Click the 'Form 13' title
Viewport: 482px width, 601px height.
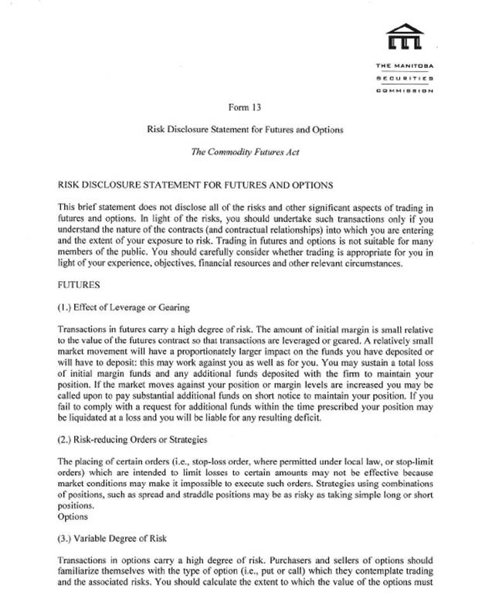coord(244,107)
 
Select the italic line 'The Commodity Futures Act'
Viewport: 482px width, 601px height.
coord(244,151)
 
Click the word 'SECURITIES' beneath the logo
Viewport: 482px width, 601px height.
coord(405,79)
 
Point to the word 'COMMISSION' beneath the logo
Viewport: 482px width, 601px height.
coord(405,90)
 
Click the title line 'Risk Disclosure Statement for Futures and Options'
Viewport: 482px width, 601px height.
coord(244,129)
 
